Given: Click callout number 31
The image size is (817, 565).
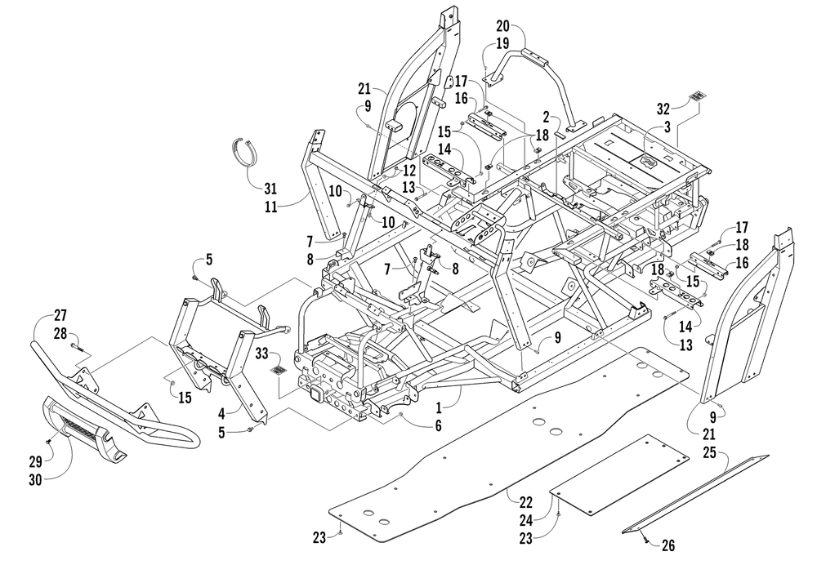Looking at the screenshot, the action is (x=270, y=188).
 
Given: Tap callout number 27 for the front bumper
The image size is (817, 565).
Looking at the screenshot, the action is (x=60, y=315).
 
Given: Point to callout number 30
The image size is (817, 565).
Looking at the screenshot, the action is (x=35, y=479).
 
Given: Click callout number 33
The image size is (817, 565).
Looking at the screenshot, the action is (x=261, y=354).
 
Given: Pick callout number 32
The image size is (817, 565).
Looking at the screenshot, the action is (x=663, y=109).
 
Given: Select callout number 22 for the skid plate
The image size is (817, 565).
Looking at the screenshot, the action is (x=525, y=502).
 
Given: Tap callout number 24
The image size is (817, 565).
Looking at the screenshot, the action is (x=525, y=520).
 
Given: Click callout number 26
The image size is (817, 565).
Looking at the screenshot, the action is (x=668, y=545).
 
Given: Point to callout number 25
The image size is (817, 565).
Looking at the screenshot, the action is (x=709, y=452).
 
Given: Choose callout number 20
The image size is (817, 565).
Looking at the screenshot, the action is (x=502, y=26).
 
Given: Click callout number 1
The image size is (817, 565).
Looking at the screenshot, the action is (x=439, y=406).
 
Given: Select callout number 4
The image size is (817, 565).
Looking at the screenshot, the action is (x=221, y=414).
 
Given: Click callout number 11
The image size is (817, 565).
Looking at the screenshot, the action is (x=270, y=207).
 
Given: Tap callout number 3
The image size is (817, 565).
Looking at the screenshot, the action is (x=667, y=127).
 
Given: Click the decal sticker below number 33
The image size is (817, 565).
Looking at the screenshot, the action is (x=279, y=371).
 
